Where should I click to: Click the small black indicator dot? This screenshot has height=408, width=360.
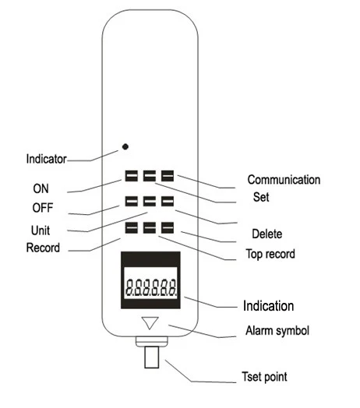pos(125,146)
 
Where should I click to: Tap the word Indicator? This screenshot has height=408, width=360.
pos(47,159)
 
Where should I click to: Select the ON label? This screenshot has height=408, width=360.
pos(41,188)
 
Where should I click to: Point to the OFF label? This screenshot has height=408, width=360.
pos(43,208)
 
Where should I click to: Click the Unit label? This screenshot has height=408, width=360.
pos(41,230)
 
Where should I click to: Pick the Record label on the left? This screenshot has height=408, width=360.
pos(43,248)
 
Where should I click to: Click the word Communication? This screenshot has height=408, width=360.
pos(284,180)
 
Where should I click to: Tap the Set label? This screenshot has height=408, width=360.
pos(261,197)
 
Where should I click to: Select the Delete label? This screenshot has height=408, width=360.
pos(267,234)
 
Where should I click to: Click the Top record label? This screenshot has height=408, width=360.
pos(270,254)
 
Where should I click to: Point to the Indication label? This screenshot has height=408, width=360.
pos(269,306)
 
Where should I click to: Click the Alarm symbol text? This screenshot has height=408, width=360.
pos(277,331)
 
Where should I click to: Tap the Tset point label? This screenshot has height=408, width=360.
pos(264,377)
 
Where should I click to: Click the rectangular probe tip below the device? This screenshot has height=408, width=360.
pos(152,357)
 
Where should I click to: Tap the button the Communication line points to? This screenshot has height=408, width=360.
pos(168,176)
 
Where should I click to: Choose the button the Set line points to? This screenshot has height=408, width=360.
pos(150,176)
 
